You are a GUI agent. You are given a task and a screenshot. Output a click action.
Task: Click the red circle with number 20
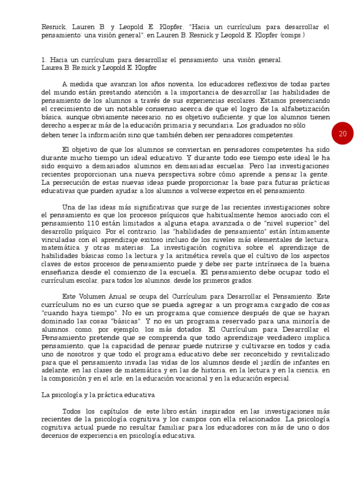343,134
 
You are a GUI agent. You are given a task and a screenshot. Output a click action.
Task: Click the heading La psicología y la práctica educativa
99,395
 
